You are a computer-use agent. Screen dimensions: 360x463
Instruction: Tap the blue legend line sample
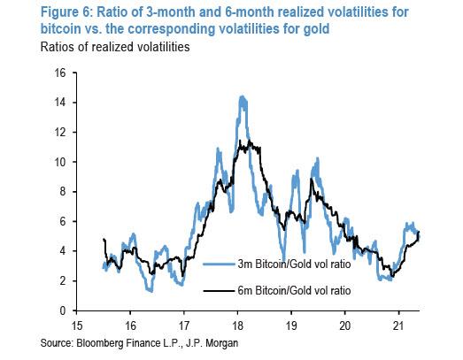(220, 264)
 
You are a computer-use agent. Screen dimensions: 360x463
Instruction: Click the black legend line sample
(220, 290)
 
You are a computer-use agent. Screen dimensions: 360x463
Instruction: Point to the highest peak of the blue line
(241, 96)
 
